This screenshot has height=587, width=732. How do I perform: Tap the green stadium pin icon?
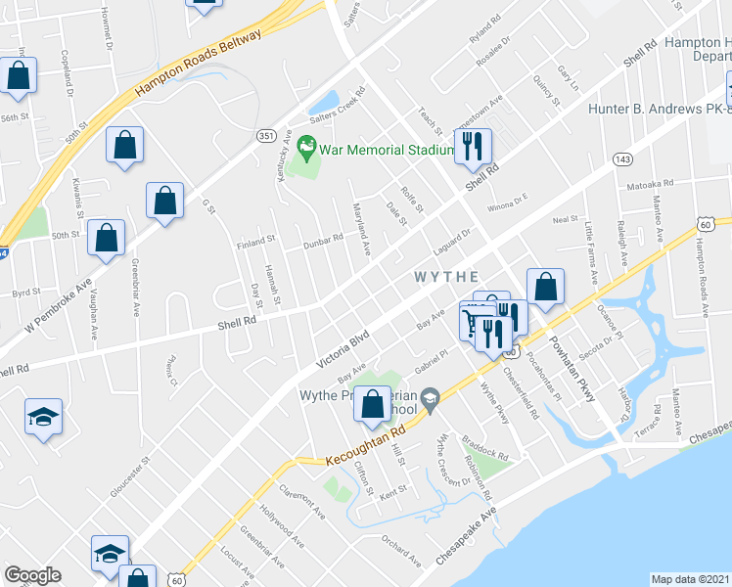[x=307, y=150]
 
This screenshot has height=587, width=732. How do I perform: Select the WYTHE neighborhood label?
[x=447, y=277]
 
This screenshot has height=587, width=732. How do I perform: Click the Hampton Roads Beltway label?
[x=200, y=63]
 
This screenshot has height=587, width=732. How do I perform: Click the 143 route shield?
[x=621, y=158]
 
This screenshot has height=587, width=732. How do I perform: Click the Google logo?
[x=32, y=575]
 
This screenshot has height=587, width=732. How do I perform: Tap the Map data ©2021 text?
[x=690, y=579]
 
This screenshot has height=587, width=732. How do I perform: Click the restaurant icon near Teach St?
[x=473, y=147]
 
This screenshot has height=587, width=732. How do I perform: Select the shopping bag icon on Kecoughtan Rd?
[x=372, y=405]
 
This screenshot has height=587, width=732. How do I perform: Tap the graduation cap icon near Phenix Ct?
[x=43, y=418]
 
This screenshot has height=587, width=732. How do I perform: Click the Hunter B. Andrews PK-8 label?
[x=660, y=110]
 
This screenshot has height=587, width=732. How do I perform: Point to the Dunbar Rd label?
[x=322, y=237]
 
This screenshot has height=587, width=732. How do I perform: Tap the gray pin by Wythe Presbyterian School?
[x=432, y=397]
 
